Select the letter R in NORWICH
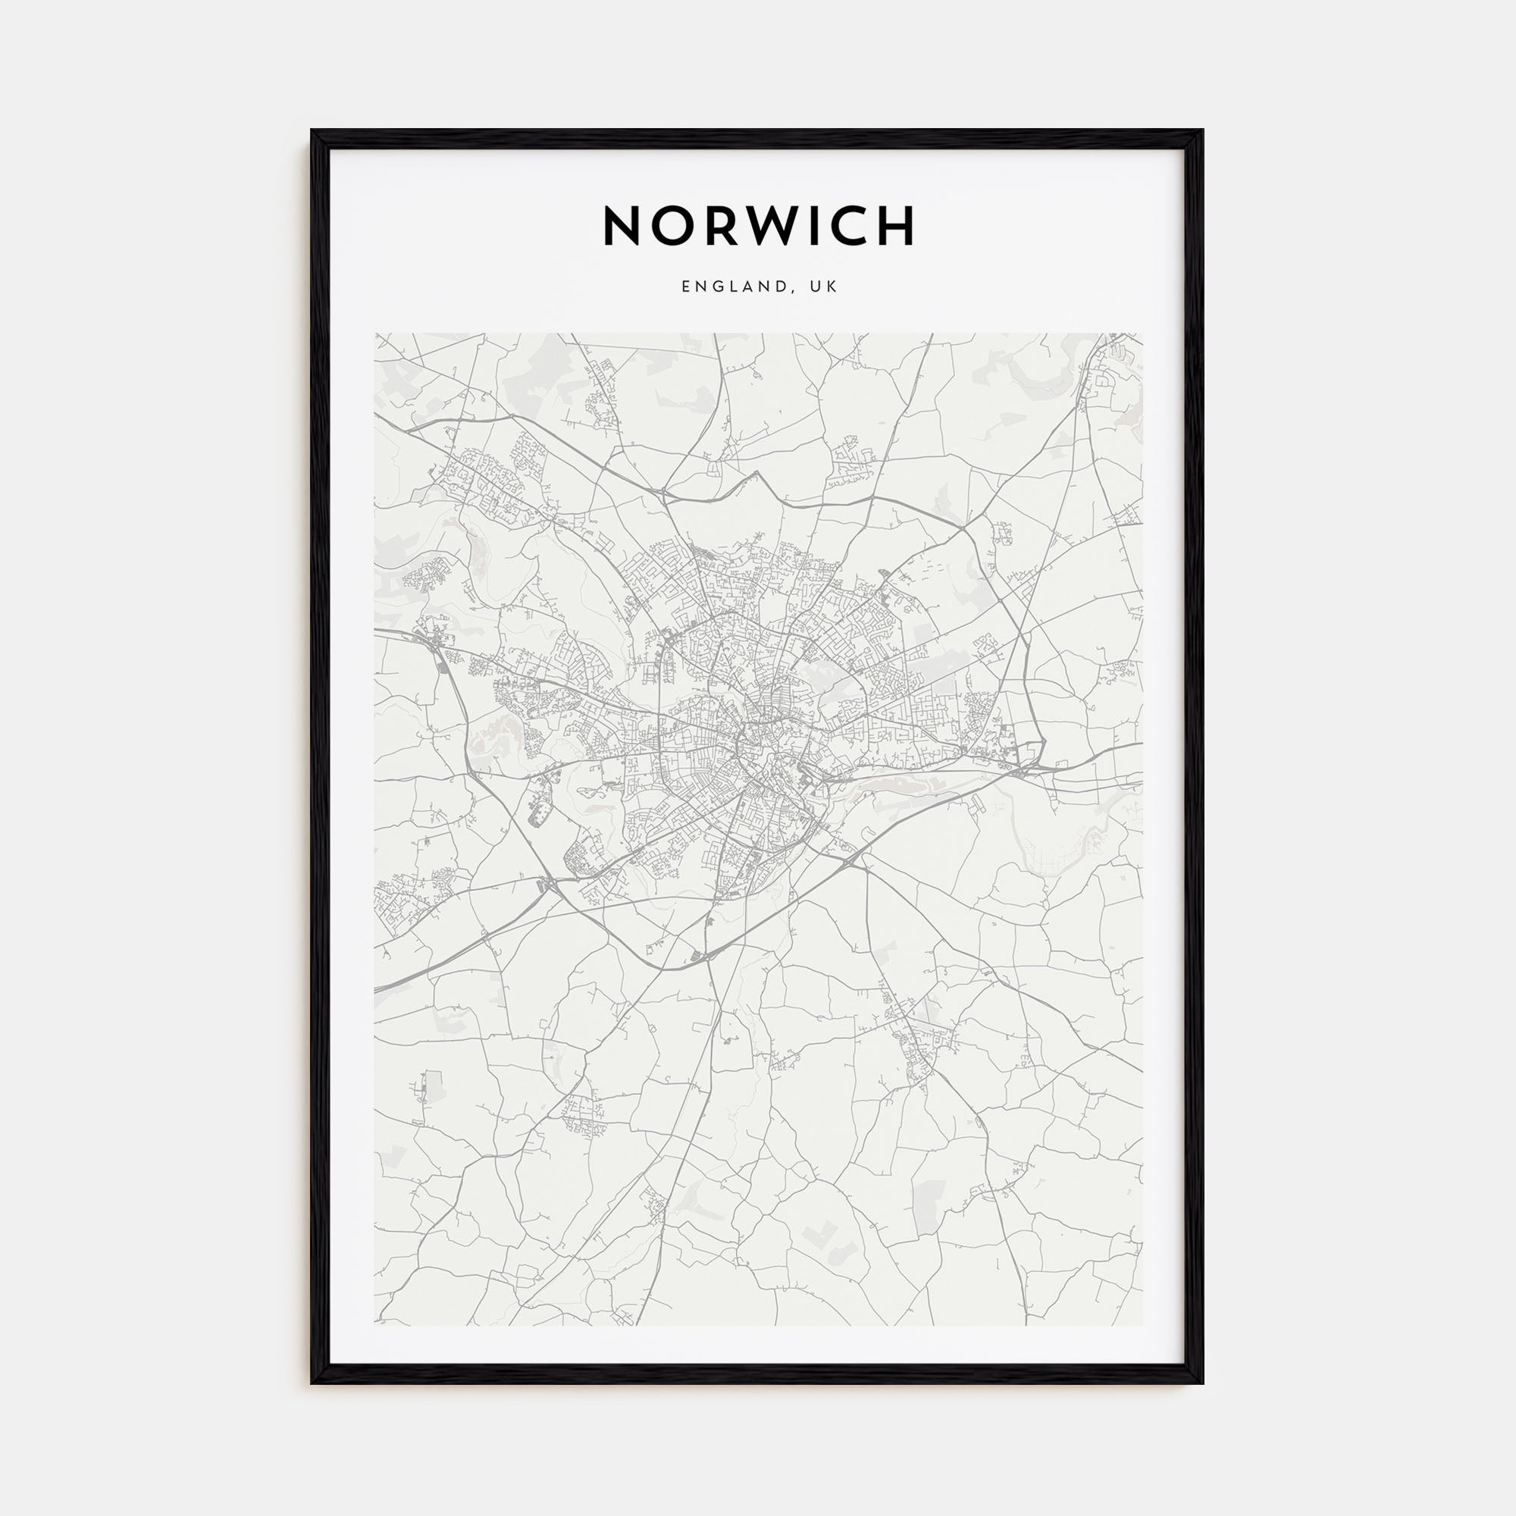pyautogui.click(x=727, y=227)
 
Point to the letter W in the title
pyautogui.click(x=785, y=227)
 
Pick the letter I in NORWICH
pyautogui.click(x=827, y=227)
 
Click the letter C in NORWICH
pyautogui.click(x=860, y=227)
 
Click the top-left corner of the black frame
pyautogui.click(x=312, y=131)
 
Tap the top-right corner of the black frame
pyautogui.click(x=1203, y=131)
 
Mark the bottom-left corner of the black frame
pyautogui.click(x=312, y=1383)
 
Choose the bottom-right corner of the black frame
pyautogui.click(x=1203, y=1383)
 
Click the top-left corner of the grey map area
pyautogui.click(x=375, y=334)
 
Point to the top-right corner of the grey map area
pyautogui.click(x=1142, y=334)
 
